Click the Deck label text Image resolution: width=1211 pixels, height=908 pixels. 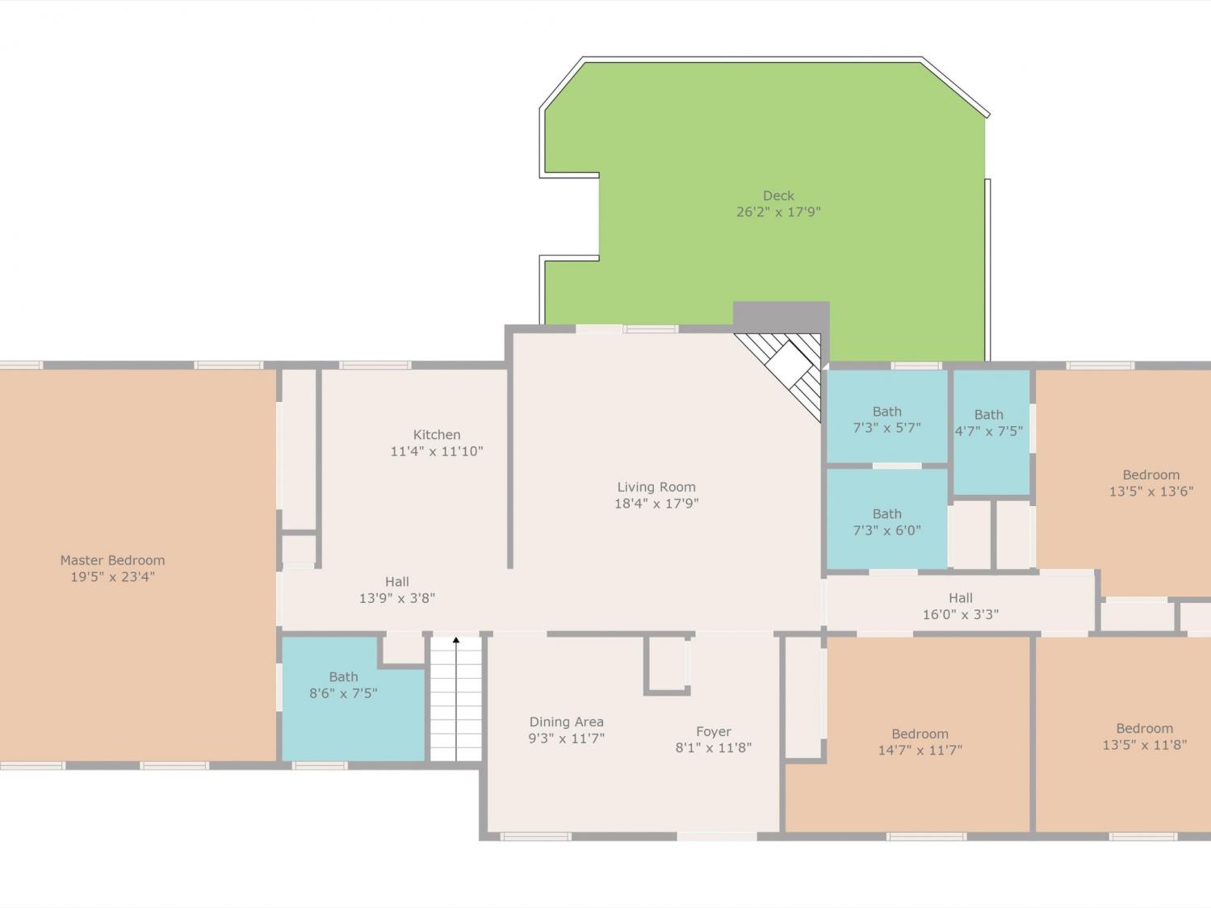(778, 195)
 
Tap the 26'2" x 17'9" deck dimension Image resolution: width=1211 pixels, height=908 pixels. (778, 211)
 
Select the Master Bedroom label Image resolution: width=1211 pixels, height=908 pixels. (112, 560)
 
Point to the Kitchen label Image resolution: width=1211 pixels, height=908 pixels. (437, 434)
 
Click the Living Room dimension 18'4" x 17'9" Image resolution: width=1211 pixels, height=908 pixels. (656, 504)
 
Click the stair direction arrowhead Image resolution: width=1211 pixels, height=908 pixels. (456, 640)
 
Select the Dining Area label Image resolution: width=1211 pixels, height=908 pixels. (567, 722)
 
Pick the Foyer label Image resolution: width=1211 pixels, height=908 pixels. (714, 731)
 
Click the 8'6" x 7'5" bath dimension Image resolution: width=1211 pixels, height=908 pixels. (343, 693)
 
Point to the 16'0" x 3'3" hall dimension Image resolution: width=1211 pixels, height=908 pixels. (961, 614)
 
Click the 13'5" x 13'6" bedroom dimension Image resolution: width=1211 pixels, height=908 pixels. (1151, 492)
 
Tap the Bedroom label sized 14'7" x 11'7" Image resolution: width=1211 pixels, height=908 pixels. (920, 734)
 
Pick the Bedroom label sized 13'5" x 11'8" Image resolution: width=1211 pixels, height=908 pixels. (1145, 728)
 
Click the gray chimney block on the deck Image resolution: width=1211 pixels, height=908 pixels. (781, 317)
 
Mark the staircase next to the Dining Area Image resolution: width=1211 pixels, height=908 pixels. (456, 698)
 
